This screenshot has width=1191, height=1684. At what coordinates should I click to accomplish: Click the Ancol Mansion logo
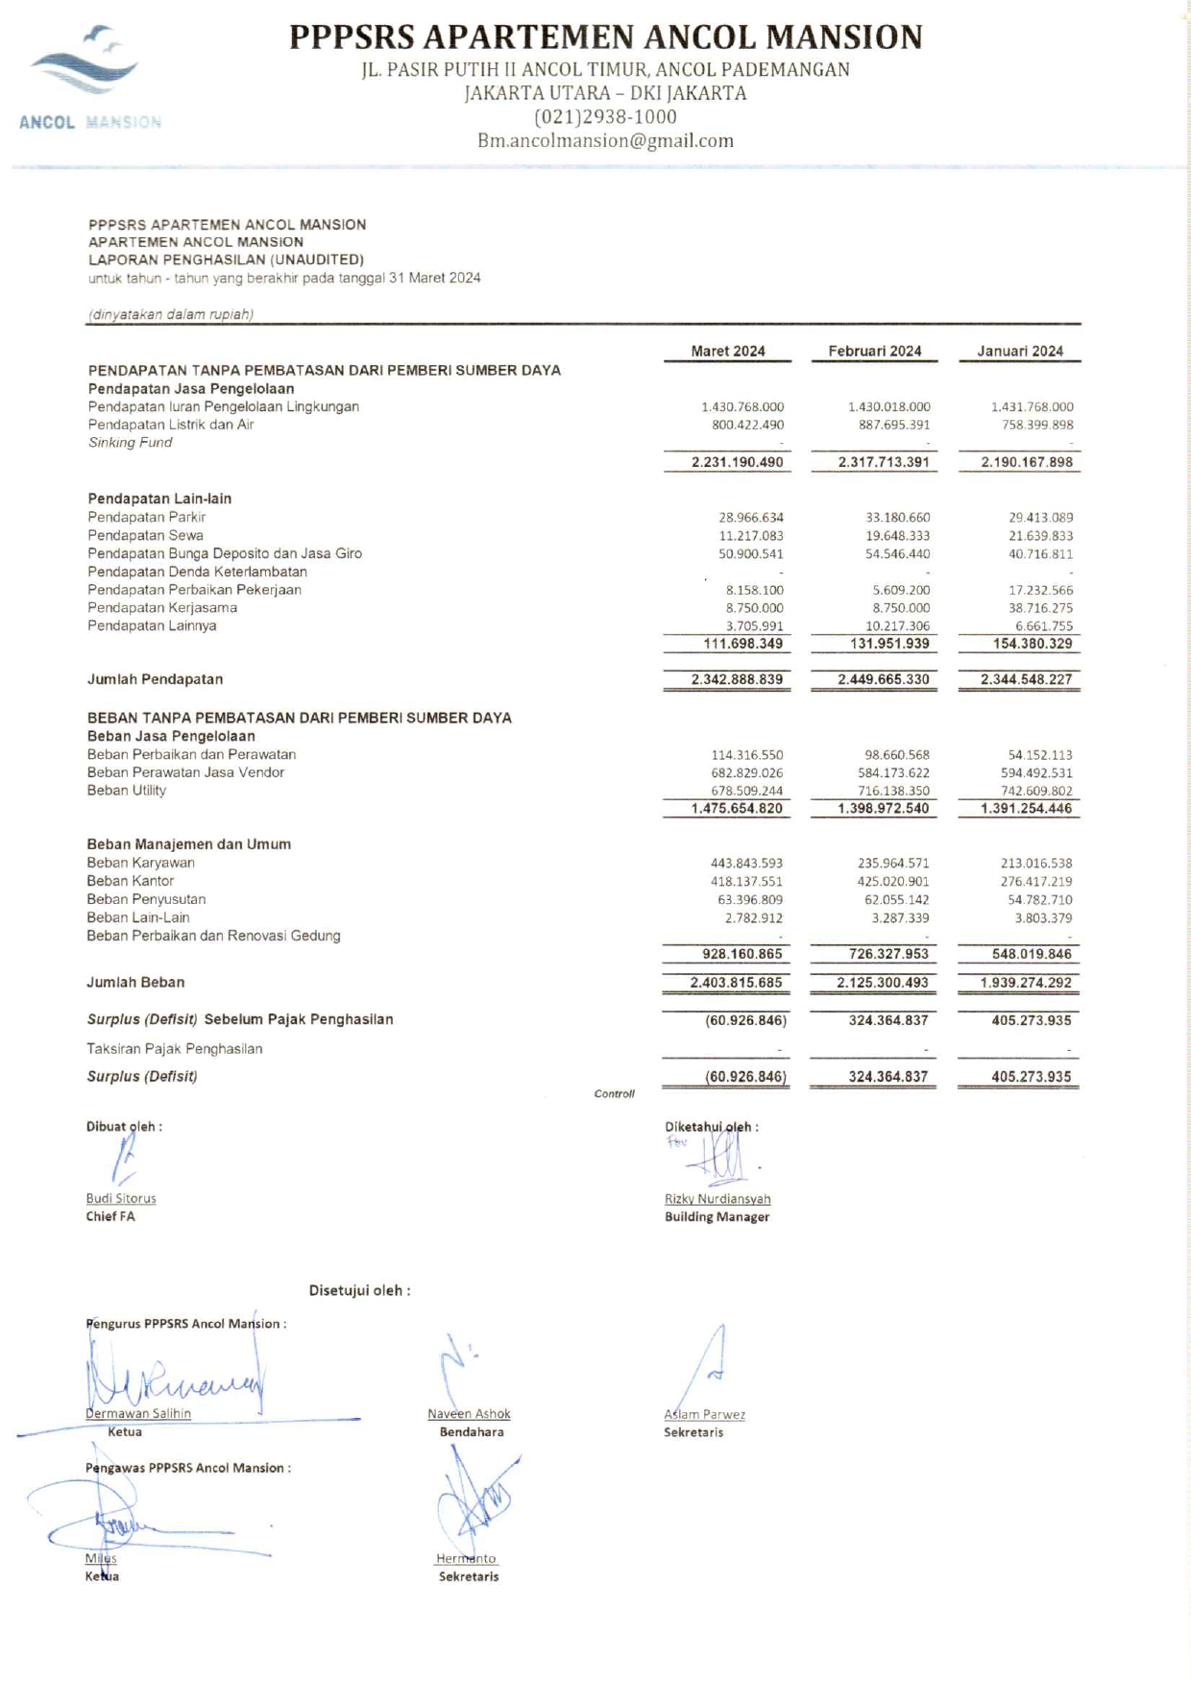point(89,77)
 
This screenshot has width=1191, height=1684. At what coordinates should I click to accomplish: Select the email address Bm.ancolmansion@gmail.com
point(605,141)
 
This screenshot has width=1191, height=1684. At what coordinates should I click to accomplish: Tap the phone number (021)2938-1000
point(605,117)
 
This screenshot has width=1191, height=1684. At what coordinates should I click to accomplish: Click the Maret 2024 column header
point(727,352)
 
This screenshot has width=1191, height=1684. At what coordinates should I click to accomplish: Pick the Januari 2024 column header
point(1019,352)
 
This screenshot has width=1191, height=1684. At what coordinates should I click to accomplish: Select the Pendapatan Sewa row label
point(145,536)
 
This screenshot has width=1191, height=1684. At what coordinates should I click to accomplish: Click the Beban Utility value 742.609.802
point(1036,792)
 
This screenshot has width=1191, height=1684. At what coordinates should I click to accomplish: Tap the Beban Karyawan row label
point(140,863)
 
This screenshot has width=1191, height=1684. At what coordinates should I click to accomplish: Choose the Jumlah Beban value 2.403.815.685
point(736,983)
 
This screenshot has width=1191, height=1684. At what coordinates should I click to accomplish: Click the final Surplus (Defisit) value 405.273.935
point(1031,1077)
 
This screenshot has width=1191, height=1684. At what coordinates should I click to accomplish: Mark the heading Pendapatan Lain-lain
point(159,499)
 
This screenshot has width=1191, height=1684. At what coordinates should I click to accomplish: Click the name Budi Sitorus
point(121,1199)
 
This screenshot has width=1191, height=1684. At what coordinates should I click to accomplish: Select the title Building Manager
point(717,1217)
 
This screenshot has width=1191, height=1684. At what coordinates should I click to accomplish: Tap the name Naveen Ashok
point(469,1414)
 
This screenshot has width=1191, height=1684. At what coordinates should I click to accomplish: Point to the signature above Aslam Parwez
point(706,1364)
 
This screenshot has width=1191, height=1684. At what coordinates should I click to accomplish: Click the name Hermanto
point(466,1559)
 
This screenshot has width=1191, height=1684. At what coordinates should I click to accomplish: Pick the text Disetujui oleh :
point(359,1291)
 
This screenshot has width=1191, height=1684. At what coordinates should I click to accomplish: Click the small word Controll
point(614,1094)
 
